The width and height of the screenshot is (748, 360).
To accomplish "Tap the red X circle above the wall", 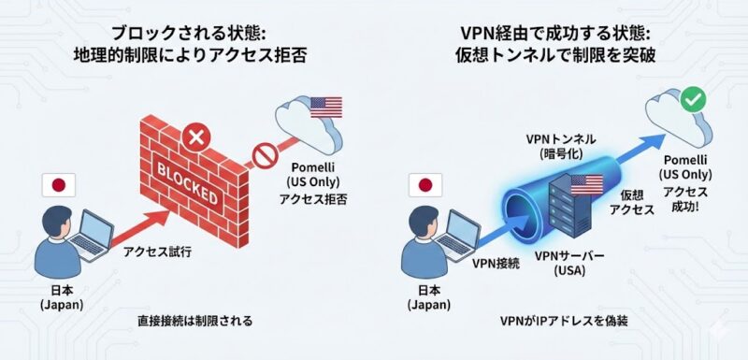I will click(x=195, y=139).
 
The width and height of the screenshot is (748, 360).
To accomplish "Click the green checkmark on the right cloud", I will click(x=693, y=96).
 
